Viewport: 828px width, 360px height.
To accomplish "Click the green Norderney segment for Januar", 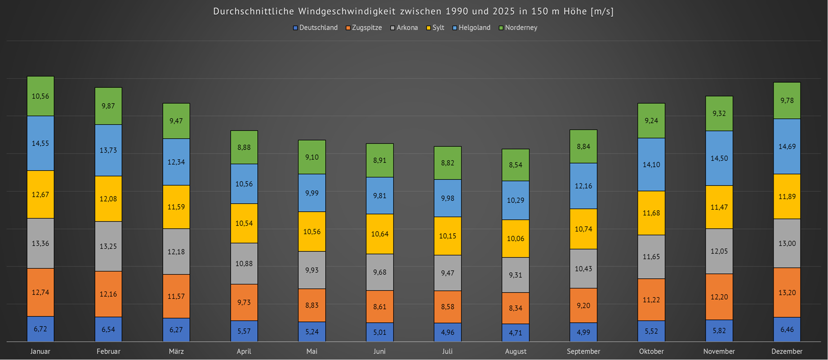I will pyautogui.click(x=40, y=96).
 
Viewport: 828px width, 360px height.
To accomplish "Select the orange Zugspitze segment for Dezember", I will pyautogui.click(x=787, y=293).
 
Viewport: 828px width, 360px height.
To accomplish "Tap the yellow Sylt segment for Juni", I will pyautogui.click(x=379, y=234).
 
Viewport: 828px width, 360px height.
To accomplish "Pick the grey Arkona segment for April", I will pyautogui.click(x=244, y=263).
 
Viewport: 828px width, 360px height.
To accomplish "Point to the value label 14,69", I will pyautogui.click(x=787, y=147).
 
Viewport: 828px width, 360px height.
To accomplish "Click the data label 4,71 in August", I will pyautogui.click(x=515, y=333).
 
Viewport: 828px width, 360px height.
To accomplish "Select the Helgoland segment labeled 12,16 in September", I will pyautogui.click(x=583, y=186).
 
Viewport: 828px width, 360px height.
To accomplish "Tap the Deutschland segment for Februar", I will pyautogui.click(x=108, y=329).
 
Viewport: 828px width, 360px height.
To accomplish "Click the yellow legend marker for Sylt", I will pyautogui.click(x=429, y=28).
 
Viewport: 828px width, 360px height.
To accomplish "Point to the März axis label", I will pyautogui.click(x=176, y=351).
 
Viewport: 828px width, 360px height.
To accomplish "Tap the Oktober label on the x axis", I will pyautogui.click(x=651, y=351).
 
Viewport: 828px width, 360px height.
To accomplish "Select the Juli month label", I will pyautogui.click(x=447, y=351).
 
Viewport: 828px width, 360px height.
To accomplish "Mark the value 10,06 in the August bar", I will pyautogui.click(x=515, y=239).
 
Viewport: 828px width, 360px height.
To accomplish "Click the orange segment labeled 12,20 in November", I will pyautogui.click(x=719, y=297).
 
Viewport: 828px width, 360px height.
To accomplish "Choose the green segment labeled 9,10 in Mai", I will pyautogui.click(x=312, y=157).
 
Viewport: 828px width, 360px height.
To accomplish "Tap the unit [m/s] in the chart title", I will pyautogui.click(x=602, y=11).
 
